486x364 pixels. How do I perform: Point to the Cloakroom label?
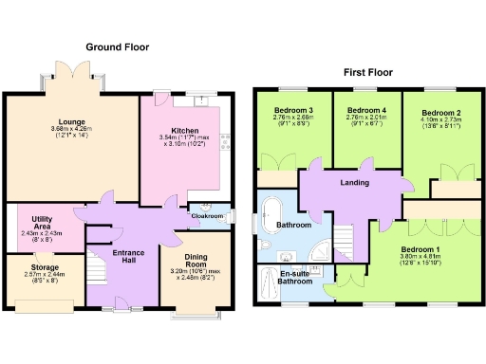coord(207,216)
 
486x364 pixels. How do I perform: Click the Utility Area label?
coord(41,222)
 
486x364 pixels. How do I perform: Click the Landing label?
coord(354,182)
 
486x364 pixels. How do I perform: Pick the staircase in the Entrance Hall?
coord(99,258)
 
